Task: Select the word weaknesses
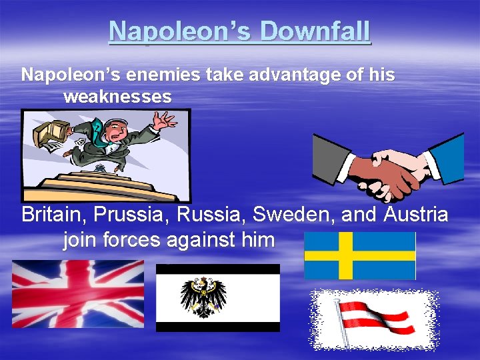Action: (117, 97)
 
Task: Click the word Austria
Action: (415, 215)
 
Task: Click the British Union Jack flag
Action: (78, 293)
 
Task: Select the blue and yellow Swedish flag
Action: (360, 255)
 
